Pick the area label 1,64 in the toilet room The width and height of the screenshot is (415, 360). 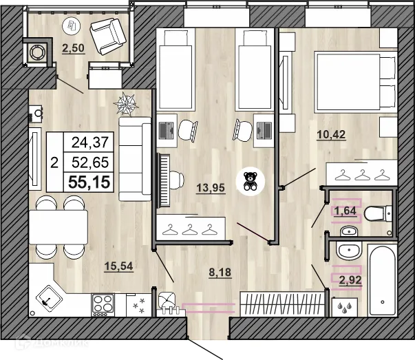pos(346,211)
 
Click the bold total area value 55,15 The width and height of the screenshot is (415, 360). pos(88,180)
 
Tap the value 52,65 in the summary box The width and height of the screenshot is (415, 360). pos(89,162)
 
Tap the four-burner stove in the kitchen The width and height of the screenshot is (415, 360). pos(103,302)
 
